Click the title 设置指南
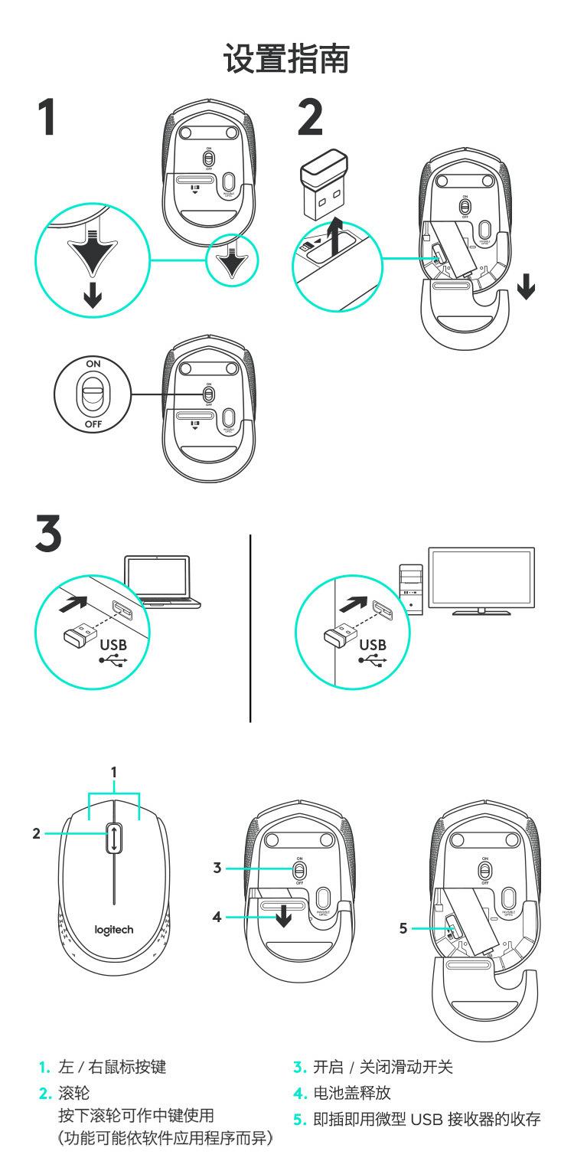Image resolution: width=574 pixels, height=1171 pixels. (287, 59)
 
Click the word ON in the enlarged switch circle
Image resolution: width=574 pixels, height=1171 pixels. (92, 363)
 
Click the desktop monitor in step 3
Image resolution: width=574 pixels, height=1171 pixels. (481, 579)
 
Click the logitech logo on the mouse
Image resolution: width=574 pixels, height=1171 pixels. (113, 930)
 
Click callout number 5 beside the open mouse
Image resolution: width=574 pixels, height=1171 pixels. (403, 929)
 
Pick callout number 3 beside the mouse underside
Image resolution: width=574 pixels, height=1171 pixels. (217, 868)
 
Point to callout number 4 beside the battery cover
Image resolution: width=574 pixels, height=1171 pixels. (217, 916)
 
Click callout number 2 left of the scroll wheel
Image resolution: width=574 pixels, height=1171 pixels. (36, 834)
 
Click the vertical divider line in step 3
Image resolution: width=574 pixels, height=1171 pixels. (251, 628)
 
